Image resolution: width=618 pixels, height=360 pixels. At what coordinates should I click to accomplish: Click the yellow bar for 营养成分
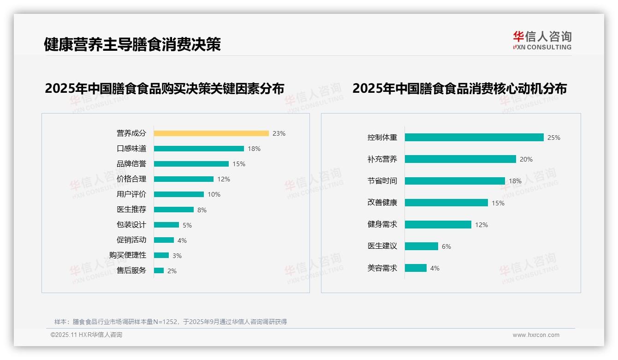coord(211,133)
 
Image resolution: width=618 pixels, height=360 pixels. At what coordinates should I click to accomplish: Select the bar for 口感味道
coord(199,149)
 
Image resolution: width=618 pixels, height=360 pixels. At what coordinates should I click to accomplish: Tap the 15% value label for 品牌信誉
coord(239,164)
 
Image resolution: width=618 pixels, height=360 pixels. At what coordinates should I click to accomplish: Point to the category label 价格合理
coord(131,179)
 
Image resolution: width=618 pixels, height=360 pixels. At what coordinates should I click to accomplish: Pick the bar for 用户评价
coord(178,194)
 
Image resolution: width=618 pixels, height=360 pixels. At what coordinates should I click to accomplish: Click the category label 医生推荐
coord(131,210)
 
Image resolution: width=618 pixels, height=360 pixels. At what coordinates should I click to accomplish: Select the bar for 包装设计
coord(166,225)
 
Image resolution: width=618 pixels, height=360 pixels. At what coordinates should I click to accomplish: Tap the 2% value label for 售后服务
coord(172,271)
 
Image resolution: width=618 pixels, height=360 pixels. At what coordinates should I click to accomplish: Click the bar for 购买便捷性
coord(161,255)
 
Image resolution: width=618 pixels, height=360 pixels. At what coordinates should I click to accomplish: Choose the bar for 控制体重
coord(474,138)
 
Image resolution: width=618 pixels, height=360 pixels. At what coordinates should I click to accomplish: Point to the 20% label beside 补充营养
coord(526,159)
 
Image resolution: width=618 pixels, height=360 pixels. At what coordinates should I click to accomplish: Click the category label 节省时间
coord(382,181)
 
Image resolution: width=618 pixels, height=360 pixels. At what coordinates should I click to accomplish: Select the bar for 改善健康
coord(446,203)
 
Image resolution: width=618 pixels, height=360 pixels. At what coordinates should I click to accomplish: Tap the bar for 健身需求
coord(438,224)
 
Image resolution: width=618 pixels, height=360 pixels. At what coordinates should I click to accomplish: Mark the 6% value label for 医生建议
coord(446,246)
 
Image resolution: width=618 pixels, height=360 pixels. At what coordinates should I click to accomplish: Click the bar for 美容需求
coord(416,268)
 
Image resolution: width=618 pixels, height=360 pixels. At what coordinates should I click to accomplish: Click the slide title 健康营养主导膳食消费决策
coord(132,44)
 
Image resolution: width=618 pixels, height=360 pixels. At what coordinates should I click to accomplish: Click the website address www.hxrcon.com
coord(536,335)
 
